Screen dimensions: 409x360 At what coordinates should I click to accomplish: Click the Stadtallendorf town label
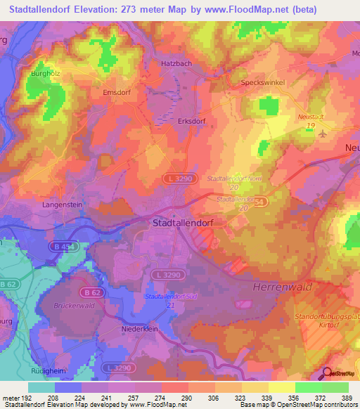coord(186,223)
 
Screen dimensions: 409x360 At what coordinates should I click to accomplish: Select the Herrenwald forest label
coord(283,288)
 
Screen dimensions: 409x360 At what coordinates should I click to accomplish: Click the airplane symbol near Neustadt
coord(323,134)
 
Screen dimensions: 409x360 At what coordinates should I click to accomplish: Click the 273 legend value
coord(160,397)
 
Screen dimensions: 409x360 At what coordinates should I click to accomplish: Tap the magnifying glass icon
coord(328,373)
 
